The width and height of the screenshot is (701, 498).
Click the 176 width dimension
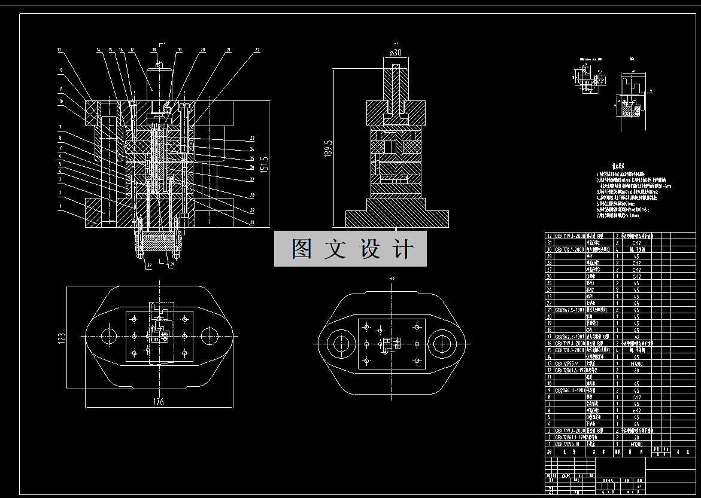tap(158, 402)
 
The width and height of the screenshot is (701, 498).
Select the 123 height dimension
tap(61, 338)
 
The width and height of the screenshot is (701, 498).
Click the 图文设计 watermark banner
tap(350, 249)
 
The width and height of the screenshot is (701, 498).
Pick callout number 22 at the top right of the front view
tap(257, 50)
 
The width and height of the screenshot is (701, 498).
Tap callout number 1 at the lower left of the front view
tap(60, 206)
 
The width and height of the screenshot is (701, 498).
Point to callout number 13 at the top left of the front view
tap(60, 50)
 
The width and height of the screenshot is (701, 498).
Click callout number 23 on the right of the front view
tap(253, 139)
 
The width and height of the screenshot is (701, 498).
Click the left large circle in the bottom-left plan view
tap(110, 335)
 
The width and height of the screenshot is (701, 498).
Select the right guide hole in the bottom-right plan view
tap(442, 344)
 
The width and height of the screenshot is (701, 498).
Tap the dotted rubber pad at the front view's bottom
tap(160, 240)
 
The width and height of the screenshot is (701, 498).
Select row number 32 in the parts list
tap(549, 236)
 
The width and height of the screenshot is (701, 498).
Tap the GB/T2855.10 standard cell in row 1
tap(566, 444)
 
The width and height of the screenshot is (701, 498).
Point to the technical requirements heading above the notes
tap(618, 169)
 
